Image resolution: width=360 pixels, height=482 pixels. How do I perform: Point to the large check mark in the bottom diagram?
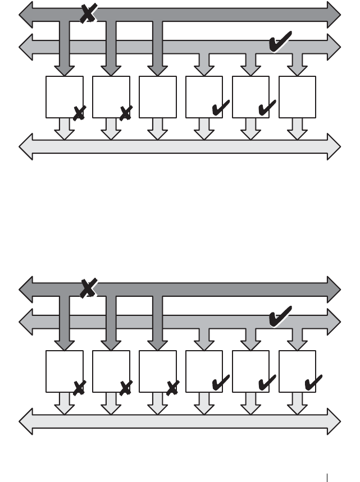point(280,316)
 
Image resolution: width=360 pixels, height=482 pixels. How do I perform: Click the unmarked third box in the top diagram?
point(157,97)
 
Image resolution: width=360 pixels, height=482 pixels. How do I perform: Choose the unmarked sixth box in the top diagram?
point(297,97)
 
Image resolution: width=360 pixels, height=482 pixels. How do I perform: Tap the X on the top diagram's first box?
point(79,113)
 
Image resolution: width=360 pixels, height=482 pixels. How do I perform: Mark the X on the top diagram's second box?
point(126,113)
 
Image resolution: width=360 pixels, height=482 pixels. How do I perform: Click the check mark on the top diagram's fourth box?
point(220,108)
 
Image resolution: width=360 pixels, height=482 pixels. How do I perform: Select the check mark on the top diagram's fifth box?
point(266,108)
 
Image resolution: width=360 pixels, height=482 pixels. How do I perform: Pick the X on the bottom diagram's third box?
point(172,387)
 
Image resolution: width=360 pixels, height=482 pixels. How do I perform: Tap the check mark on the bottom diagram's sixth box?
point(313,383)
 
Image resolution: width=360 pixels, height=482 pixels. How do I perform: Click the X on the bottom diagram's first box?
point(79,387)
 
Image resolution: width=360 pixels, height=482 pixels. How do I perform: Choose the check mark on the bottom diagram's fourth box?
point(220,383)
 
